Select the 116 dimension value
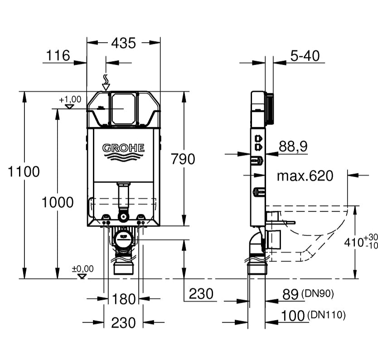point(58,56)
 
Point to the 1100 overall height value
point(24,172)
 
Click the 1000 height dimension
point(58,202)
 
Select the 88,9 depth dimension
point(293,146)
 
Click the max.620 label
point(305,175)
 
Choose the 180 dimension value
point(123,299)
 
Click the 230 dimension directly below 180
point(123,322)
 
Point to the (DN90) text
point(317,294)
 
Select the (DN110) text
point(326,314)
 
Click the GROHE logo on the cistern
point(123,148)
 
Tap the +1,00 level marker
point(70,99)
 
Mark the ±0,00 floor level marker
point(82,269)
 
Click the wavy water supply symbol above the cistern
point(106,82)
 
